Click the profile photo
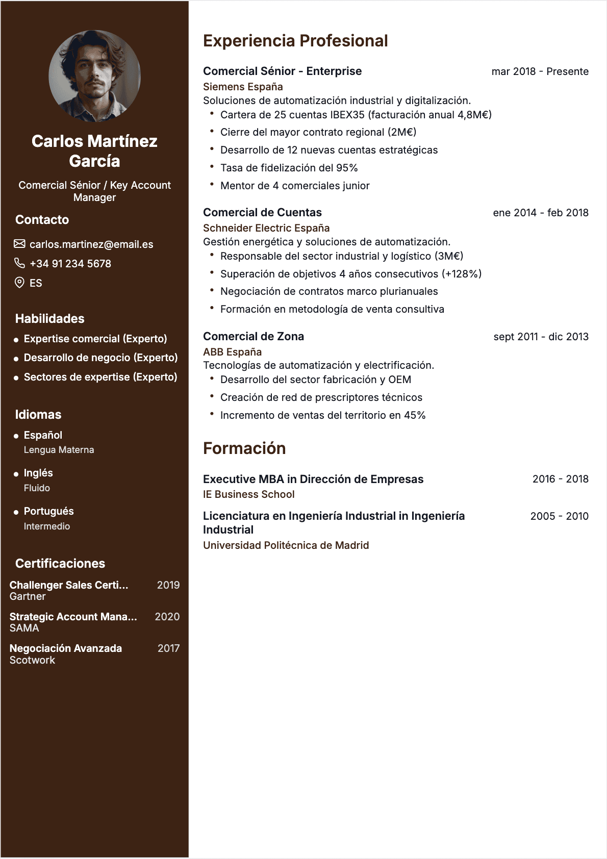[94, 76]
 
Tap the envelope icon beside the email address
[19, 244]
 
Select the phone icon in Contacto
[19, 263]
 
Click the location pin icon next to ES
[19, 283]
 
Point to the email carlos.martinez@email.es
[91, 244]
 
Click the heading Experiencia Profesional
[295, 41]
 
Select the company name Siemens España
[243, 87]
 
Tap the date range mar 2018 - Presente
[540, 71]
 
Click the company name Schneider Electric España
[266, 228]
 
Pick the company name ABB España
[232, 352]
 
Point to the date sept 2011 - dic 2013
[541, 337]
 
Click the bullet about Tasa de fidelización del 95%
[289, 168]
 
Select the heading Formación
[244, 448]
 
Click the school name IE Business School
[248, 494]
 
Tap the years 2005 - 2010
[559, 516]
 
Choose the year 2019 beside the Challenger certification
[168, 585]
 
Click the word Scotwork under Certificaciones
[32, 660]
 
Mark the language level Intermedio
[47, 526]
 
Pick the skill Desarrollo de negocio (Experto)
[100, 358]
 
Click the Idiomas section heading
[38, 415]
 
